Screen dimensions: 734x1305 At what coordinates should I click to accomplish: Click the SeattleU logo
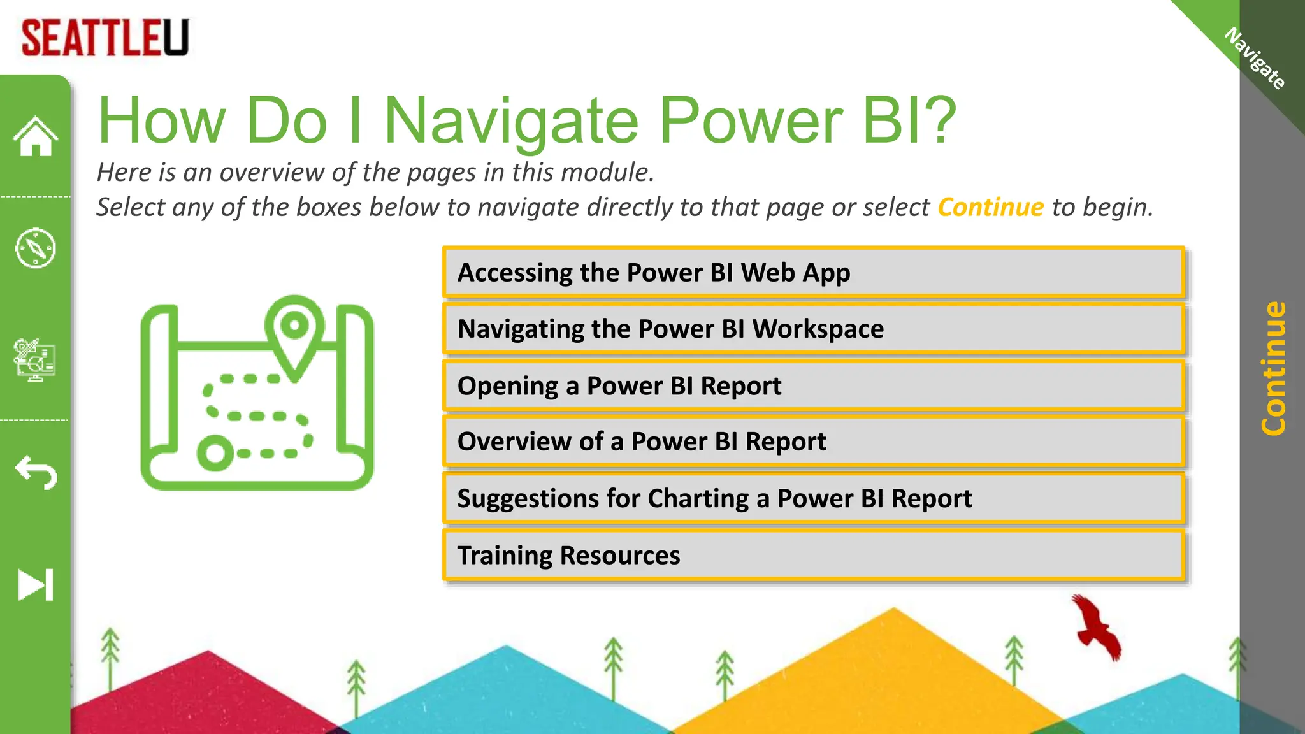point(105,38)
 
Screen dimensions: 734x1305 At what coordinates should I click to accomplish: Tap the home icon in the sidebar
point(36,136)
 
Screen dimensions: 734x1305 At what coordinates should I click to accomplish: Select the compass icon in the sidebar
point(36,248)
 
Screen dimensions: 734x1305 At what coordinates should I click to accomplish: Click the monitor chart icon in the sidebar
point(36,359)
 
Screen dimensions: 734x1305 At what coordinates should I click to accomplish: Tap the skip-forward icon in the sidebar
point(36,584)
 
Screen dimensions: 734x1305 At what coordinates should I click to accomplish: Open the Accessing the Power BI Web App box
point(814,273)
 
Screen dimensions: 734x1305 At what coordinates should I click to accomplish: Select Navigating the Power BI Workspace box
point(814,329)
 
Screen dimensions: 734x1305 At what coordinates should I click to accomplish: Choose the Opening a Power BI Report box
point(814,385)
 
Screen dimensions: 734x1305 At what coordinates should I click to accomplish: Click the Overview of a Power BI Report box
point(814,442)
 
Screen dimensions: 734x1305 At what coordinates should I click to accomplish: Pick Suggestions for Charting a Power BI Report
point(814,498)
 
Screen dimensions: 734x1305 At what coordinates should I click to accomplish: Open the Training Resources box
point(814,555)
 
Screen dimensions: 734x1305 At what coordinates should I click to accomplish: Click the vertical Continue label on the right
point(1273,368)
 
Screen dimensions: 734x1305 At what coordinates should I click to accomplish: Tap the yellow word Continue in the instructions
point(990,207)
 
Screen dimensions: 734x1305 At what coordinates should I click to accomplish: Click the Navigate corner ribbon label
point(1255,59)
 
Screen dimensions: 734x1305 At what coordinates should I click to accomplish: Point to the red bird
point(1096,628)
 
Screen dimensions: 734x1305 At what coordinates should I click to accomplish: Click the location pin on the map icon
point(294,328)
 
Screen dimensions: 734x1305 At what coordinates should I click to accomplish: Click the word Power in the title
point(750,120)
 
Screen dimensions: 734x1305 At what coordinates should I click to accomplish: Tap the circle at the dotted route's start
point(215,453)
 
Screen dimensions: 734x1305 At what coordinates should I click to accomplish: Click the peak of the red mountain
point(207,652)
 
